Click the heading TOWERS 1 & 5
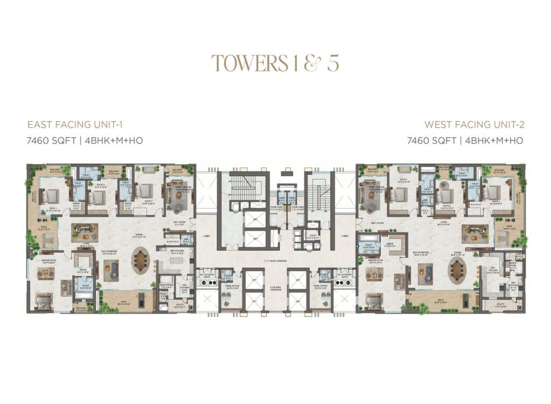tap(275, 63)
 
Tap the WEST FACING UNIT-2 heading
tap(474, 125)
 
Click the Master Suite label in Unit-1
tap(49, 261)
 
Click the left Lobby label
tap(207, 236)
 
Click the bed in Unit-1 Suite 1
tap(50, 196)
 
